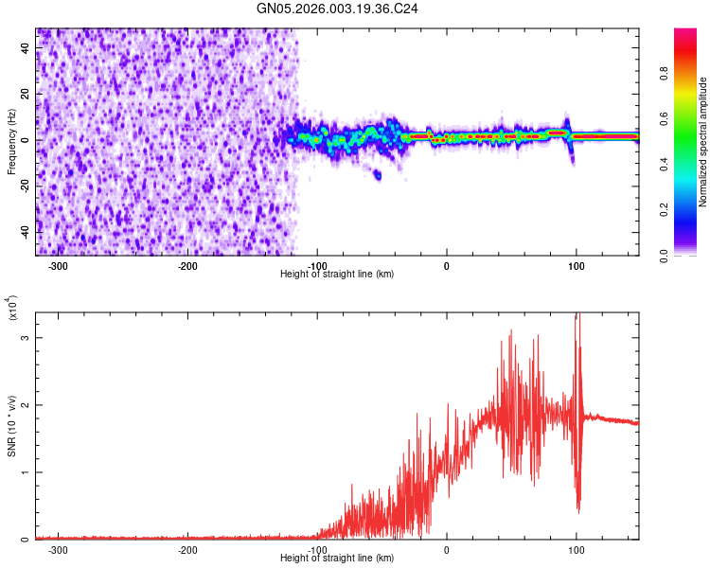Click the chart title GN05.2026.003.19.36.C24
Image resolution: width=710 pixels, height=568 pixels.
point(337,9)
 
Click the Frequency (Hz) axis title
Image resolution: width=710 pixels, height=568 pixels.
point(11,142)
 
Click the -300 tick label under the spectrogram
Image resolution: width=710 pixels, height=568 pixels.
point(58,265)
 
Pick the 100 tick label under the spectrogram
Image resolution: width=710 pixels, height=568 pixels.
point(576,265)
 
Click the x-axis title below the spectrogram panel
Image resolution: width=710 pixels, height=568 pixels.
point(337,274)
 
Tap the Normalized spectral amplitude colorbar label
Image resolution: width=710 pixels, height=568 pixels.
point(703,142)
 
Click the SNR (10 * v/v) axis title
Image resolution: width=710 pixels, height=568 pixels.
point(11,426)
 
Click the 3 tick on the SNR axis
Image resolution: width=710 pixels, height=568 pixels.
point(27,337)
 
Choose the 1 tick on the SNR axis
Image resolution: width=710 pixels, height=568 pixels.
point(27,472)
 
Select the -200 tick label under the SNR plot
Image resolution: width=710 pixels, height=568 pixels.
point(187,549)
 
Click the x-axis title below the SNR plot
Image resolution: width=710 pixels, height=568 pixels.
point(337,558)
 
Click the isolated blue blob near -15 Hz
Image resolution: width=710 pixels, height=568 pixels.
point(378,174)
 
